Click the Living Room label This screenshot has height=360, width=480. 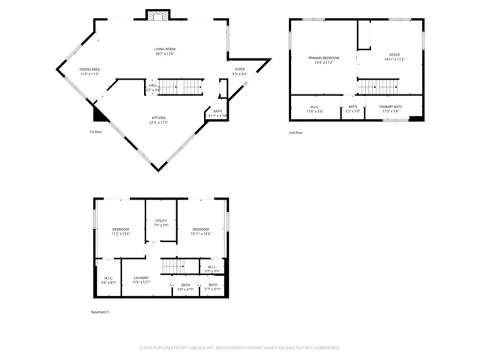(x=164, y=49)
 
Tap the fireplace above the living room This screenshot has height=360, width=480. (x=157, y=16)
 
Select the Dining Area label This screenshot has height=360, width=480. (x=90, y=70)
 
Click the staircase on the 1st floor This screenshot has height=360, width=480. (x=184, y=88)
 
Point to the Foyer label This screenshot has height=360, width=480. (x=238, y=70)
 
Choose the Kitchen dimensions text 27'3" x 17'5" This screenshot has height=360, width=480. (x=158, y=122)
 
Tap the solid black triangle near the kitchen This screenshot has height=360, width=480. (x=97, y=113)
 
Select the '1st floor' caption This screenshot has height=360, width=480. (x=96, y=132)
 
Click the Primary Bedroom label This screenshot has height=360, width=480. (x=324, y=58)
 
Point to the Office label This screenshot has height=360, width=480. (x=394, y=55)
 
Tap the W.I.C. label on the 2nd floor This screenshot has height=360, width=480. (x=315, y=106)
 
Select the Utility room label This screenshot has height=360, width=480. (x=160, y=220)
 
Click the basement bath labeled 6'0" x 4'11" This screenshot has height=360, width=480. (x=186, y=288)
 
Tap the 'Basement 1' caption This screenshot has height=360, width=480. (x=100, y=311)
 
